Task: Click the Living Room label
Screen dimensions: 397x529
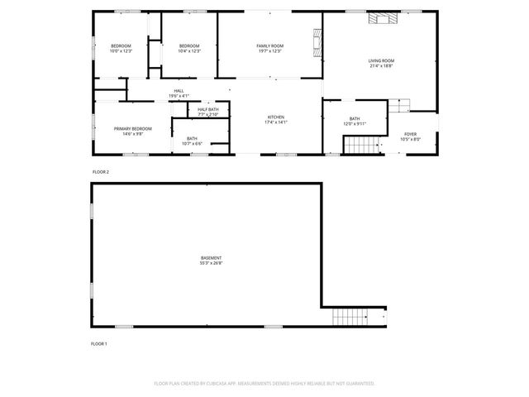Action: [381, 60]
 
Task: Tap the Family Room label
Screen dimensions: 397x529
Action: [269, 45]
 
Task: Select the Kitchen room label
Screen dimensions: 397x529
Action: [275, 117]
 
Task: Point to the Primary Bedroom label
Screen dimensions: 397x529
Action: [132, 129]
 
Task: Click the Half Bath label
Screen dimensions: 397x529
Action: [208, 110]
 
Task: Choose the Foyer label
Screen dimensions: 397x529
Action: [411, 134]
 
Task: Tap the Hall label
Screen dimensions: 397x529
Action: [179, 91]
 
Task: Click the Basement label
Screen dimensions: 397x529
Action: [211, 258]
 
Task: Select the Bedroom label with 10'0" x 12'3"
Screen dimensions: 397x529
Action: [121, 45]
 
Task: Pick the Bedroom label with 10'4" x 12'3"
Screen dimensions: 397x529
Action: [189, 45]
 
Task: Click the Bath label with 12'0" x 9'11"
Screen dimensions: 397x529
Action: [355, 119]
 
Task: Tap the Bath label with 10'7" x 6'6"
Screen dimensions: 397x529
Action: [192, 139]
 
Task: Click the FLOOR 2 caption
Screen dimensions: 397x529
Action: [100, 171]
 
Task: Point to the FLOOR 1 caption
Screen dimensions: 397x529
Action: [99, 343]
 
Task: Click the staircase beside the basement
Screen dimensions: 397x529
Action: [349, 316]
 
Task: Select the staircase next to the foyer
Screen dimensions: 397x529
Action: [360, 146]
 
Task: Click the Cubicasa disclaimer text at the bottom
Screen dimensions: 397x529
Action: [264, 384]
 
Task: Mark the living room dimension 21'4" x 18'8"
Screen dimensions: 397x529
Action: [381, 66]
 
